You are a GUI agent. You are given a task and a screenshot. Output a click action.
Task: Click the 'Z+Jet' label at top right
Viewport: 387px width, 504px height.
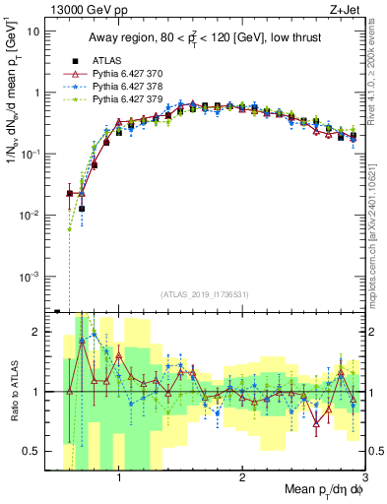click(345, 9)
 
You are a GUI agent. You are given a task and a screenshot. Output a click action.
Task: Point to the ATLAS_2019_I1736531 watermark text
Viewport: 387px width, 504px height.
click(206, 294)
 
